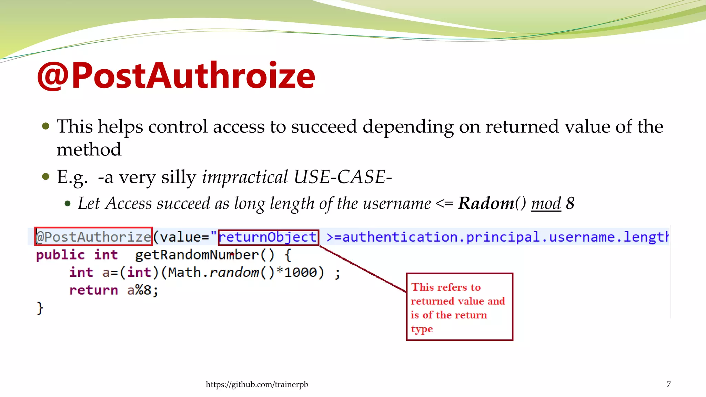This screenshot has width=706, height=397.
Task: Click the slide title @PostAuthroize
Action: [x=176, y=76]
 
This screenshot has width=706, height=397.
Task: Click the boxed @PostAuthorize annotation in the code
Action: [x=93, y=237]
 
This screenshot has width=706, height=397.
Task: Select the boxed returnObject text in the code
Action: [x=268, y=237]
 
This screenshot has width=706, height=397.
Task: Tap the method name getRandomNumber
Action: [x=196, y=255]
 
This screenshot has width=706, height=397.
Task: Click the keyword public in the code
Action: [x=60, y=255]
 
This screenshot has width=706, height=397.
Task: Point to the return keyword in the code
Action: [x=93, y=290]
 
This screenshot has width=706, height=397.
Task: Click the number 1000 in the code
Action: [x=300, y=273]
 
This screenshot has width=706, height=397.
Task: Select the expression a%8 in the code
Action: [x=139, y=290]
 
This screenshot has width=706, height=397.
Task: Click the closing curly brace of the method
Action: [x=40, y=308]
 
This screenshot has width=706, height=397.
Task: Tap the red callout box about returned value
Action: [x=459, y=307]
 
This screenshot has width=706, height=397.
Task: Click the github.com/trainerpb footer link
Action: [x=257, y=384]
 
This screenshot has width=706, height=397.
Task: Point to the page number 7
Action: [x=668, y=384]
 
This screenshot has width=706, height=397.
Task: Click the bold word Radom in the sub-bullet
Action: [x=486, y=203]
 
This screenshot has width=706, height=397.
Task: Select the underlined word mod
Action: [x=546, y=203]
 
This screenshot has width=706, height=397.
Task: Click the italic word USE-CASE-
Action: [x=343, y=177]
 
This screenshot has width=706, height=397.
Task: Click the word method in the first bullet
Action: [x=89, y=150]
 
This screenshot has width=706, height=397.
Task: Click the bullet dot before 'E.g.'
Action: [x=46, y=177]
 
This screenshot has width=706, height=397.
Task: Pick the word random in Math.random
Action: [x=234, y=273]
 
